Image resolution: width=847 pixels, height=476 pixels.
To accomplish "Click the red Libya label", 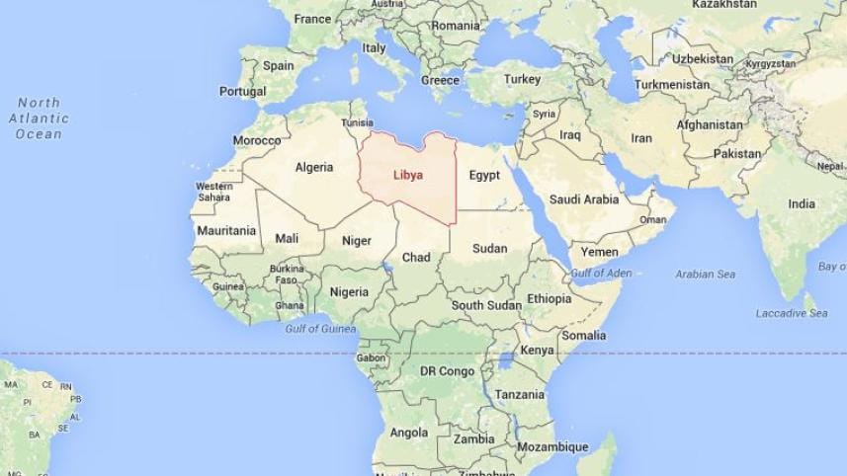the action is point(407,175).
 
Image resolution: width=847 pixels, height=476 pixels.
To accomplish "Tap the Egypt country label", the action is point(484,176).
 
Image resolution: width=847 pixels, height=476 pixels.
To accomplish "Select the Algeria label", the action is point(314,167).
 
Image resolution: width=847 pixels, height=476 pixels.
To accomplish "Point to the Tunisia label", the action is point(357,123).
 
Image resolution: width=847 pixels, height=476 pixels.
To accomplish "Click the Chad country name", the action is point(416,257).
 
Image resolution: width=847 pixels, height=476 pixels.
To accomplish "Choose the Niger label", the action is point(356,240).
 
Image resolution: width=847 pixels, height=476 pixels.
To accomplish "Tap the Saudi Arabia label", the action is point(584,199).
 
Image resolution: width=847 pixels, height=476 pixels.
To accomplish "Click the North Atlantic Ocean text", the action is point(39,119).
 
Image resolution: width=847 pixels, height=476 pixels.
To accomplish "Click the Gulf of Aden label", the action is point(601,272).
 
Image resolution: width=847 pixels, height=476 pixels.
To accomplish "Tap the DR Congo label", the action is point(448,371).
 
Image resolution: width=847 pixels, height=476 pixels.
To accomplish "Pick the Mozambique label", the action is point(552,446).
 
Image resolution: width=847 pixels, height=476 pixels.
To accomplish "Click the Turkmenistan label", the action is point(672,85).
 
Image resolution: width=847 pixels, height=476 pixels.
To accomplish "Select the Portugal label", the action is point(242,91).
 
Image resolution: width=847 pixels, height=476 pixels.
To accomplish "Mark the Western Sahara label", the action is point(213,192).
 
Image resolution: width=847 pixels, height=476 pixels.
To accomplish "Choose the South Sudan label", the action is point(486,305).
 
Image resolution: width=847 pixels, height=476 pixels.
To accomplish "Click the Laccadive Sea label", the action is point(792,313).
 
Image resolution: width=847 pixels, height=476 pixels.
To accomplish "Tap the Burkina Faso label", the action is point(287,274).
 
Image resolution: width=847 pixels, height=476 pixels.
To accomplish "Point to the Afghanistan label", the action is point(710,125).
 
